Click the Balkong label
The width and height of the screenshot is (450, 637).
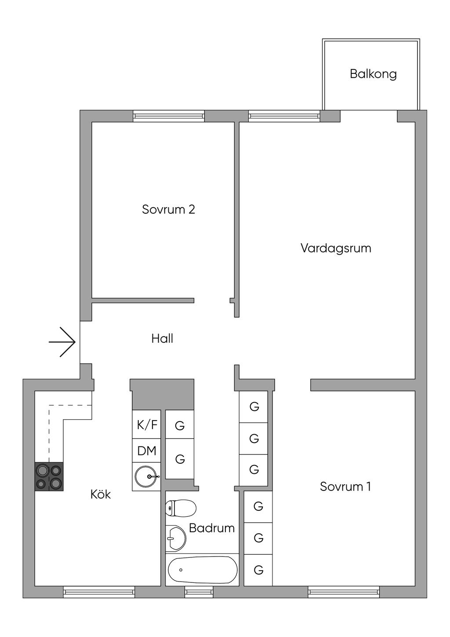(373, 74)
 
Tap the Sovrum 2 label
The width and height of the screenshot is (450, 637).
(168, 209)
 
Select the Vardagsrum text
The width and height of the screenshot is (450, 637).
(336, 248)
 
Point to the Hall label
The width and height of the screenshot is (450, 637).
(162, 339)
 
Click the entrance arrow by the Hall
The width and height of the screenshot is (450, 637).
(62, 342)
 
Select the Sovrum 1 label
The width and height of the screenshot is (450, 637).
(345, 487)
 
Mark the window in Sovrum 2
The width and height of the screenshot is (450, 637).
(169, 116)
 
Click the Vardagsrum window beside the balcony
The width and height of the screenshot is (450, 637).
(284, 116)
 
